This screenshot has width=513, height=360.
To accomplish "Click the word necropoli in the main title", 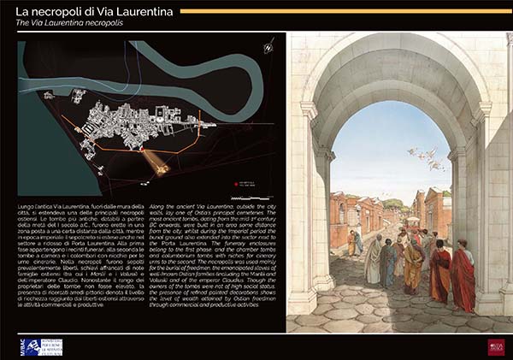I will click(x=57, y=11).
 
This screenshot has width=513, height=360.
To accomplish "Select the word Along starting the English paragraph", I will click(x=160, y=208).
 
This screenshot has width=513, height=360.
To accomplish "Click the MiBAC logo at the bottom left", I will click(x=29, y=345).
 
